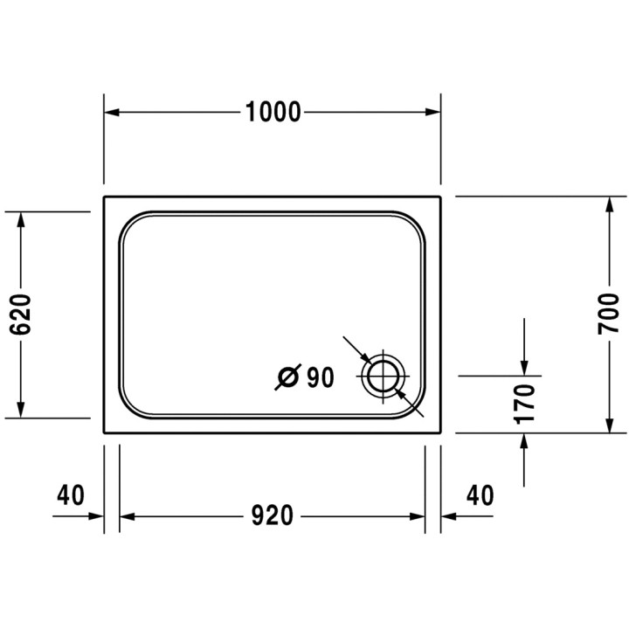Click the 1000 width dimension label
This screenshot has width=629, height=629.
pos(273,112)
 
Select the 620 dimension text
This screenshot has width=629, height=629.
pos(20,314)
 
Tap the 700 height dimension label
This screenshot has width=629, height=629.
pos(609,314)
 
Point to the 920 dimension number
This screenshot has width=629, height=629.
pos(273,515)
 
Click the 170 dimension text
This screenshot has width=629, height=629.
pos(524,404)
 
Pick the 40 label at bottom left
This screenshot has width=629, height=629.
pos(71,495)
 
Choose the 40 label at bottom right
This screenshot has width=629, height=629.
pos(480,495)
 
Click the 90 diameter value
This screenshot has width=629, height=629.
pos(320,377)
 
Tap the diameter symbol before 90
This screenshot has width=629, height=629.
pos(288,377)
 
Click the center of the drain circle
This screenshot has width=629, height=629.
pos(384,377)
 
